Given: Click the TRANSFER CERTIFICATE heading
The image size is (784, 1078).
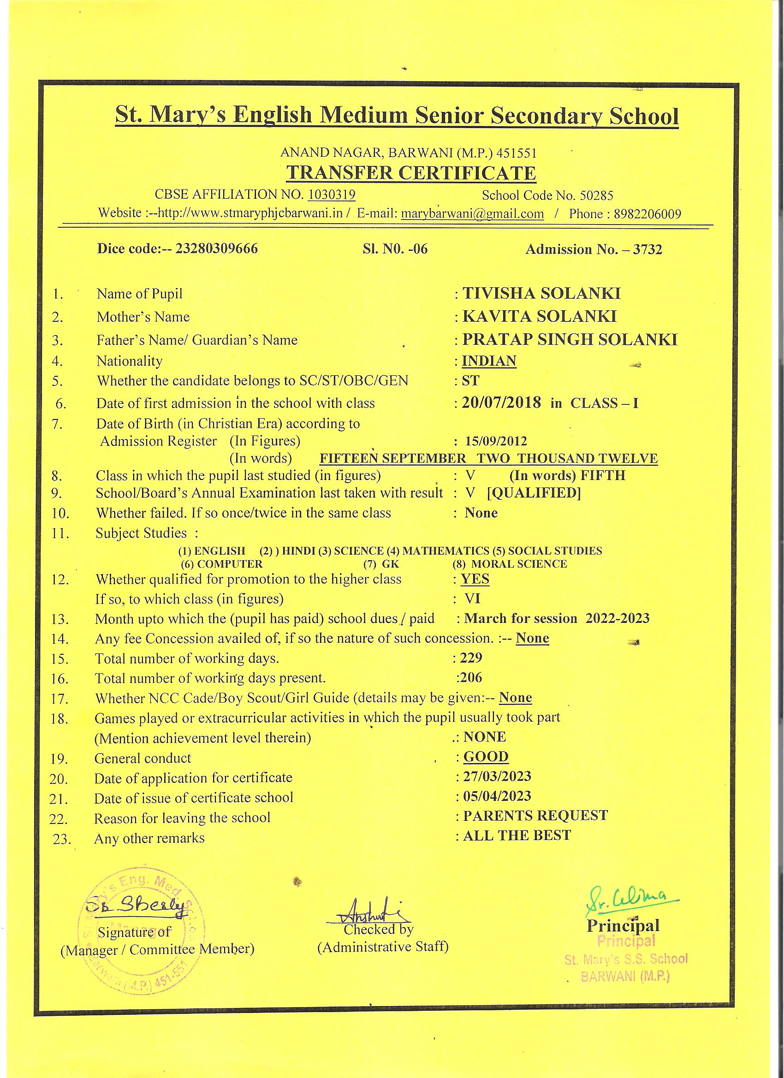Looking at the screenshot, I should [x=411, y=173].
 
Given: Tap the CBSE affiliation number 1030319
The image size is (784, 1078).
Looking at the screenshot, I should [x=332, y=195].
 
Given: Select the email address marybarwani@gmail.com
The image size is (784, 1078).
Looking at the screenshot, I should [x=472, y=214].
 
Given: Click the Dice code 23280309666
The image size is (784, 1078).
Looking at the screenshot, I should [x=216, y=249].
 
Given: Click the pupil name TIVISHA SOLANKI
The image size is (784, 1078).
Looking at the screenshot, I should [x=541, y=293].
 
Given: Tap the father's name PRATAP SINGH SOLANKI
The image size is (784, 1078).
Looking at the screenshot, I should [x=570, y=339].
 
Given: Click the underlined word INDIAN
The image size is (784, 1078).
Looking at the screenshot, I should [x=489, y=361].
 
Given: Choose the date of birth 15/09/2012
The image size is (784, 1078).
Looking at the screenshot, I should [x=496, y=441].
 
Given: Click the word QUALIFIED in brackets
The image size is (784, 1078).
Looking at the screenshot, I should [x=534, y=493].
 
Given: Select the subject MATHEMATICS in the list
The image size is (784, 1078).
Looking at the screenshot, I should [x=445, y=551].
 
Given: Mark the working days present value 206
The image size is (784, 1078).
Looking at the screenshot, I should [x=471, y=677].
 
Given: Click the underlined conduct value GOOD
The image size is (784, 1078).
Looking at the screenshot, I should [x=486, y=756].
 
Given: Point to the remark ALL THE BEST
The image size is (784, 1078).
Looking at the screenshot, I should [x=517, y=835].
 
